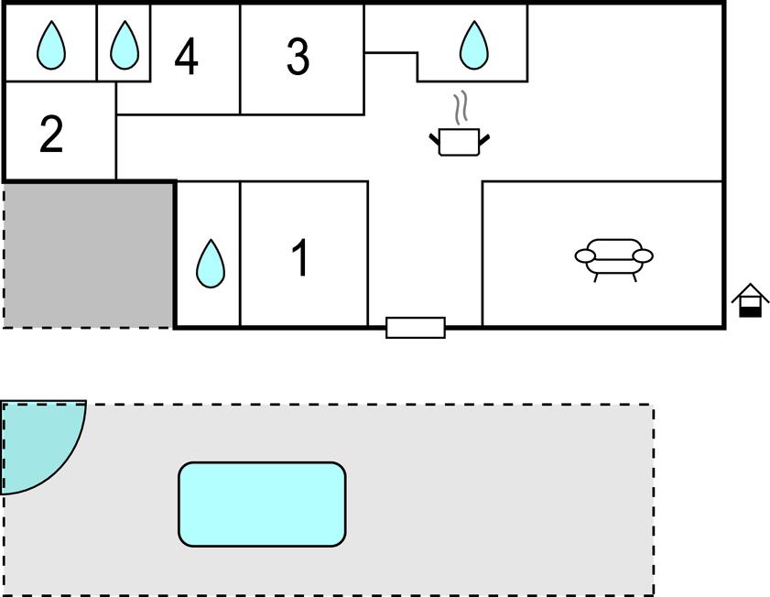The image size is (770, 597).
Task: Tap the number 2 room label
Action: point(51,134)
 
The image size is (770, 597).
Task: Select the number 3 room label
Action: point(298,57)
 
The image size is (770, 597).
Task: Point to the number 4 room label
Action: point(186,57)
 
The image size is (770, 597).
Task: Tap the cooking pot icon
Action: point(459,142)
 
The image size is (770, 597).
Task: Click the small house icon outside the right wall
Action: point(750,300)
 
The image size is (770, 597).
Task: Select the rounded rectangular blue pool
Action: point(262,505)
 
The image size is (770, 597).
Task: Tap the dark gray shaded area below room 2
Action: point(89,254)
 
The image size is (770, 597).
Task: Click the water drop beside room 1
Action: point(211,264)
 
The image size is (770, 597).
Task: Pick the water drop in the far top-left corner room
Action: point(51,45)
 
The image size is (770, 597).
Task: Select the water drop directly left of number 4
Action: point(125,45)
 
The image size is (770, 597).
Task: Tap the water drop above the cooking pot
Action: point(473,45)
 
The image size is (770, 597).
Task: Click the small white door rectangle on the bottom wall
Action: point(416,328)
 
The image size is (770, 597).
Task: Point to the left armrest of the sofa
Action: point(586,256)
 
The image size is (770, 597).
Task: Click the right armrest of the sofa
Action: point(643,255)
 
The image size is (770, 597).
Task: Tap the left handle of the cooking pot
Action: point(435,139)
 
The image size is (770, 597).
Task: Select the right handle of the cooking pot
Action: point(483,139)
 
